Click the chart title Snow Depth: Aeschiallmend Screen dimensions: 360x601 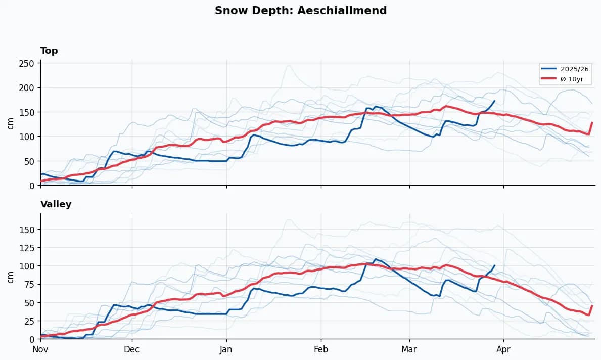click(300, 11)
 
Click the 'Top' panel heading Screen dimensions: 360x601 click(49, 51)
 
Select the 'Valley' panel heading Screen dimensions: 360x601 click(56, 204)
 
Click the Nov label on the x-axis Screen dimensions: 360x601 click(40, 349)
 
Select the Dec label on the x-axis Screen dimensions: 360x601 click(132, 349)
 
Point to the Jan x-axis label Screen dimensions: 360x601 click(226, 349)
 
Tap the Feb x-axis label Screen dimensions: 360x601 click(321, 349)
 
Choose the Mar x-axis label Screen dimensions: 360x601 click(409, 349)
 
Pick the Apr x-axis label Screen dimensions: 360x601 click(503, 349)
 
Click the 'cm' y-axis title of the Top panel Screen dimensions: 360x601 click(11, 124)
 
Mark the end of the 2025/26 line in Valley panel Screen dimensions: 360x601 click(494, 265)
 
